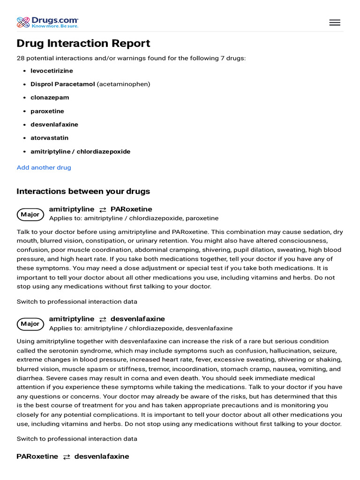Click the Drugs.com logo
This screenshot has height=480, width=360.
click(47, 22)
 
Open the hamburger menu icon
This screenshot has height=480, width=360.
click(335, 22)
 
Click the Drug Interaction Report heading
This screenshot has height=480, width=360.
click(83, 44)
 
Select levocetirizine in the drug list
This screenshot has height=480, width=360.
click(52, 71)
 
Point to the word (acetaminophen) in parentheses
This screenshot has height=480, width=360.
click(124, 84)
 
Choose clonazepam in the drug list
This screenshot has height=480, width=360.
click(50, 97)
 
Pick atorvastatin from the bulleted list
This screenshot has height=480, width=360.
click(49, 138)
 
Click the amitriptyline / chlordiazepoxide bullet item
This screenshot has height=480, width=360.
click(80, 151)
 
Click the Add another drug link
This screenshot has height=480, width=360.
click(44, 167)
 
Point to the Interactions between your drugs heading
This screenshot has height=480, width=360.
click(83, 191)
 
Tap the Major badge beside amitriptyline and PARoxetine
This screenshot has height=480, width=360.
click(30, 214)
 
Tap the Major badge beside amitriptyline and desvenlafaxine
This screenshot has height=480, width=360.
click(30, 324)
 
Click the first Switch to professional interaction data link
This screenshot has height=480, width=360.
click(77, 301)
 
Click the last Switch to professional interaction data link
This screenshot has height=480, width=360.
click(77, 439)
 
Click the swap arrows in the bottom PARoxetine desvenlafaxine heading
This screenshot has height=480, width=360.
click(67, 457)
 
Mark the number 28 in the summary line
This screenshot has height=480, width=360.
click(21, 58)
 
